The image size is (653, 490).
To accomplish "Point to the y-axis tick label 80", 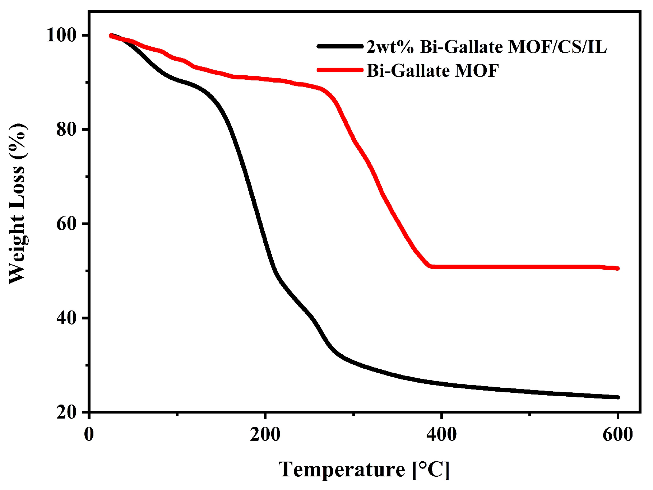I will pos(67,130).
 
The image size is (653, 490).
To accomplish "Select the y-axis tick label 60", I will pos(67,224).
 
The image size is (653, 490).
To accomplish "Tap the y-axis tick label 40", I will pos(67,318).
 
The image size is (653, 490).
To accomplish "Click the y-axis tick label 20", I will pos(67,412).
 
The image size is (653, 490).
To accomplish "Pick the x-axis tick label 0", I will pos(89,434).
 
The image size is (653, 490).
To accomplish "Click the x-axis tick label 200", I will pos(265,434).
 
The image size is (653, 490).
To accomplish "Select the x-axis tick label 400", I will pos(441,434).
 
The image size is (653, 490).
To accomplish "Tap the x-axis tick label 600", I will pos(617,434).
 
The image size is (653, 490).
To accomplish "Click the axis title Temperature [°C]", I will pos(364,469).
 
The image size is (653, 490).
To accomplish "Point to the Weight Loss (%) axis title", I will pos(17,204).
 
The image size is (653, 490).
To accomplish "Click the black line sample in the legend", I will pos(340,46).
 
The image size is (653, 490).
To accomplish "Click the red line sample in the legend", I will pos(340,70).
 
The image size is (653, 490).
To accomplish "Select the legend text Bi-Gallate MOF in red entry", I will pos(432,70).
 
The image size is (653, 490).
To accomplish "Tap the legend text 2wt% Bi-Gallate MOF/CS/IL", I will pos(487,47).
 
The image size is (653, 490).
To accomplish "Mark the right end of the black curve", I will pos(618,397).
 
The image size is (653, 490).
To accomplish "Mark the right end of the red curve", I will pos(618,268).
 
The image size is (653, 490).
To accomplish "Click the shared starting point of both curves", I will pos(111,35).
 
